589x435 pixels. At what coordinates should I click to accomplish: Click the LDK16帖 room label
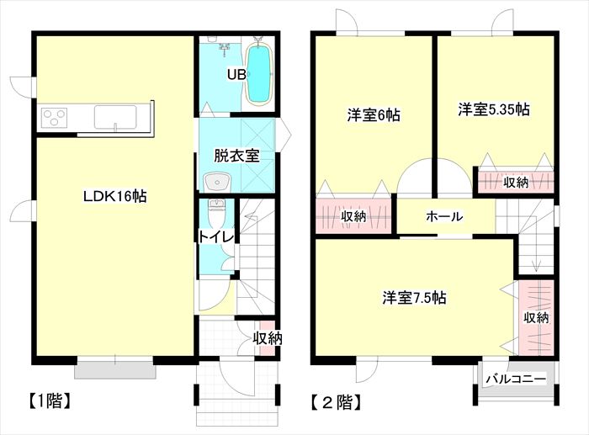114,196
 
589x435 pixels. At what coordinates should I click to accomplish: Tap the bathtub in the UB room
259,74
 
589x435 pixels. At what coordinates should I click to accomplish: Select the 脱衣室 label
236,156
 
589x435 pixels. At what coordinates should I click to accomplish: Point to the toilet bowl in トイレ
216,213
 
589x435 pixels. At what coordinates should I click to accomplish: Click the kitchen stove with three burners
55,117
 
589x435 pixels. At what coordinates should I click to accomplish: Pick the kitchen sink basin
115,117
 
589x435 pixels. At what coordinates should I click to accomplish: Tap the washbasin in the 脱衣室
217,182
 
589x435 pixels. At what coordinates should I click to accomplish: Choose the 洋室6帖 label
374,115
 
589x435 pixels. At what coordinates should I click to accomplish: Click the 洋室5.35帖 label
494,109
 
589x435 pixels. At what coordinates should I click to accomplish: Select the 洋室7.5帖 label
414,298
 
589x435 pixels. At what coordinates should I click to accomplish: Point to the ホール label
444,216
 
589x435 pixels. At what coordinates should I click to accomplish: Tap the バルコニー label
516,379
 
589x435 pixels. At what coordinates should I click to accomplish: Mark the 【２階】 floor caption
337,403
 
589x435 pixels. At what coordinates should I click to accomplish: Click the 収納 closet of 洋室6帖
353,215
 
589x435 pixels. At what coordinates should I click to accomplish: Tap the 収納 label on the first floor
267,339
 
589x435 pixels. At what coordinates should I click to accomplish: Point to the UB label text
236,75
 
